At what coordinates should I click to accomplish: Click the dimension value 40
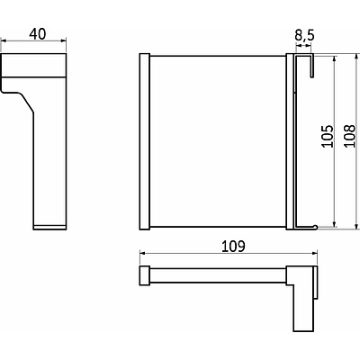[x=38, y=34]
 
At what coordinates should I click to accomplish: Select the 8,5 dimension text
[x=304, y=35]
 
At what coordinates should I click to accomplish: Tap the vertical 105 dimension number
[x=328, y=136]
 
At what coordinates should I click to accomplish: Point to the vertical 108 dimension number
[x=350, y=136]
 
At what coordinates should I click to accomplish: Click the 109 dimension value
[x=233, y=247]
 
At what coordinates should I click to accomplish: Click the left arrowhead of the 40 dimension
[x=4, y=41]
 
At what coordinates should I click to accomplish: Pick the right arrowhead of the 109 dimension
[x=314, y=253]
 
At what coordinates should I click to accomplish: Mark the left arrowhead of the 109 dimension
[x=143, y=253]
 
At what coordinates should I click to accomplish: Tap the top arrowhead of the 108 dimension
[x=356, y=57]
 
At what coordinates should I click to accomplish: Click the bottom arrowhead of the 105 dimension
[x=335, y=224]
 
